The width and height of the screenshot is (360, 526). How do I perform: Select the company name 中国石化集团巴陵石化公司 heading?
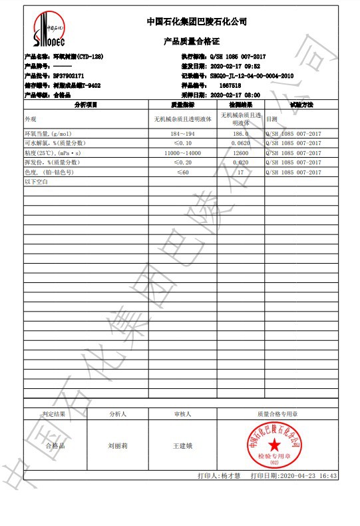tap(196, 22)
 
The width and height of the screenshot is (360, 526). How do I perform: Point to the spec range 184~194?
tap(182, 134)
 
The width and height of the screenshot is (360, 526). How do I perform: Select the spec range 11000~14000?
tap(182, 152)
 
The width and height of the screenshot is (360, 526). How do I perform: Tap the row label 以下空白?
tap(37, 181)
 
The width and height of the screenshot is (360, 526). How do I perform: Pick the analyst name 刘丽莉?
tap(118, 445)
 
